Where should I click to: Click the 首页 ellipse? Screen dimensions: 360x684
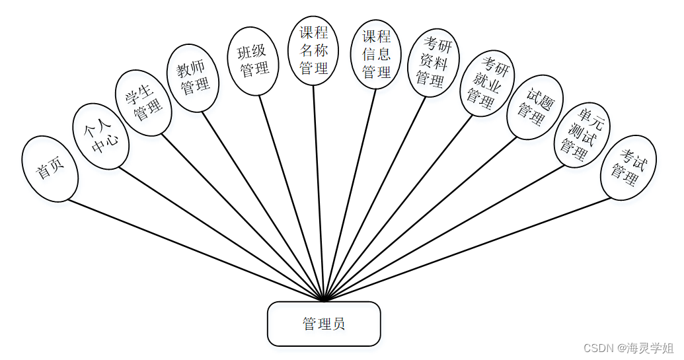point(50,168)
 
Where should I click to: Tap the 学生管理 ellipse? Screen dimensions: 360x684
point(143,103)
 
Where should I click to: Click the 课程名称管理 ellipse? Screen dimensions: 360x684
point(313,50)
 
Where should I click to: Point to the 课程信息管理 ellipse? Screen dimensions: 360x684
point(376,54)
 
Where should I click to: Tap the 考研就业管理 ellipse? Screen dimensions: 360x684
point(486,83)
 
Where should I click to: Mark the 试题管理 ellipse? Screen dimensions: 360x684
point(535,108)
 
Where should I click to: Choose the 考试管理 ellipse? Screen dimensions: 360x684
point(628,168)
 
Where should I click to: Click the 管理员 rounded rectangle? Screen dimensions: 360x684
point(324,324)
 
